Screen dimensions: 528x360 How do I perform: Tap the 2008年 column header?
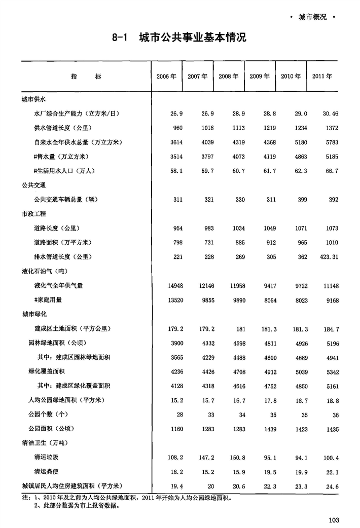[x=229, y=77]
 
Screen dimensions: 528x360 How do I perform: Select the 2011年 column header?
[x=322, y=77]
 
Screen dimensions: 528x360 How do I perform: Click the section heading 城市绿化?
[x=34, y=315]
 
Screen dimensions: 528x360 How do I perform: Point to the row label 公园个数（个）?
[x=52, y=414]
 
